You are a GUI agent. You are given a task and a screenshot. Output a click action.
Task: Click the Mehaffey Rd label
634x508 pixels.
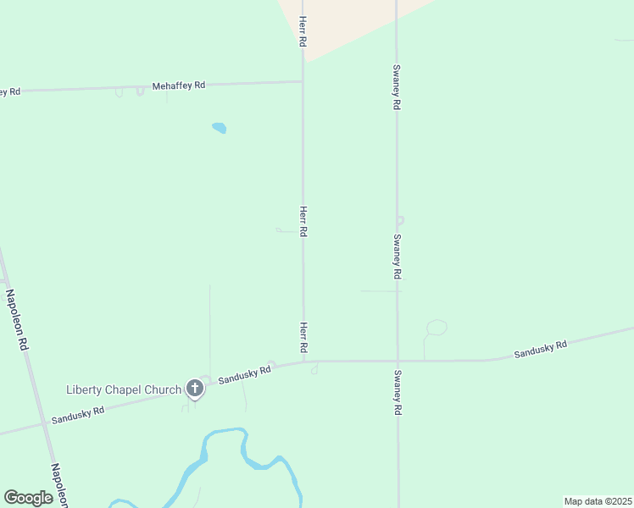[x=179, y=86]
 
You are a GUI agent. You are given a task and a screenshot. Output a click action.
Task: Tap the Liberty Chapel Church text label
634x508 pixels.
[x=124, y=390]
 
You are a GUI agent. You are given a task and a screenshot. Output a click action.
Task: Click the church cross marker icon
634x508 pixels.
[x=195, y=389]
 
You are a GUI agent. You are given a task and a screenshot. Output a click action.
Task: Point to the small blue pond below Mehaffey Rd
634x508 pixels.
[x=219, y=129]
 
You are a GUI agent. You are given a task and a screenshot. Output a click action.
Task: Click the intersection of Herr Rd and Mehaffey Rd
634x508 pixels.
[x=303, y=82]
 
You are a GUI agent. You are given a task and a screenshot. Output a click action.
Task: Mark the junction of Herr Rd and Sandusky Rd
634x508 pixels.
[x=303, y=362]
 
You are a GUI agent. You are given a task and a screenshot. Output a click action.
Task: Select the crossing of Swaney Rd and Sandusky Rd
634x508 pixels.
[x=397, y=362]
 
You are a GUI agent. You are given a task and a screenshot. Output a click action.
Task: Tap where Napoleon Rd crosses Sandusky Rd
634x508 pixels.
[x=39, y=422]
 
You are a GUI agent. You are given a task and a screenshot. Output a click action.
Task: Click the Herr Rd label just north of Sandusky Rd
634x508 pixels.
[x=303, y=337]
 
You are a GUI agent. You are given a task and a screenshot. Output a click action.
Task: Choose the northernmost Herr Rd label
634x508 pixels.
[x=302, y=30]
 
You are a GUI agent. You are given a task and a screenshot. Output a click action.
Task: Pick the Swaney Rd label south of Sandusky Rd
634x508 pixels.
[x=397, y=392]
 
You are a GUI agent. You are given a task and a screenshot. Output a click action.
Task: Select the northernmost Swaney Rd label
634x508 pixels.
[x=396, y=88]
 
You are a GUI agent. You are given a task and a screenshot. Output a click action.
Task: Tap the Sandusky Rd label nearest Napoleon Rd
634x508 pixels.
[x=78, y=414]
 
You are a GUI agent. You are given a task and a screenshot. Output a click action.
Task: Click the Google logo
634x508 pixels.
[x=29, y=498]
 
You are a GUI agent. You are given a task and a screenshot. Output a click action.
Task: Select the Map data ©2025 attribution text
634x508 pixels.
[x=598, y=501]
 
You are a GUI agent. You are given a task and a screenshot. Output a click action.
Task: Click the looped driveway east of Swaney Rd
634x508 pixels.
[x=436, y=328]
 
